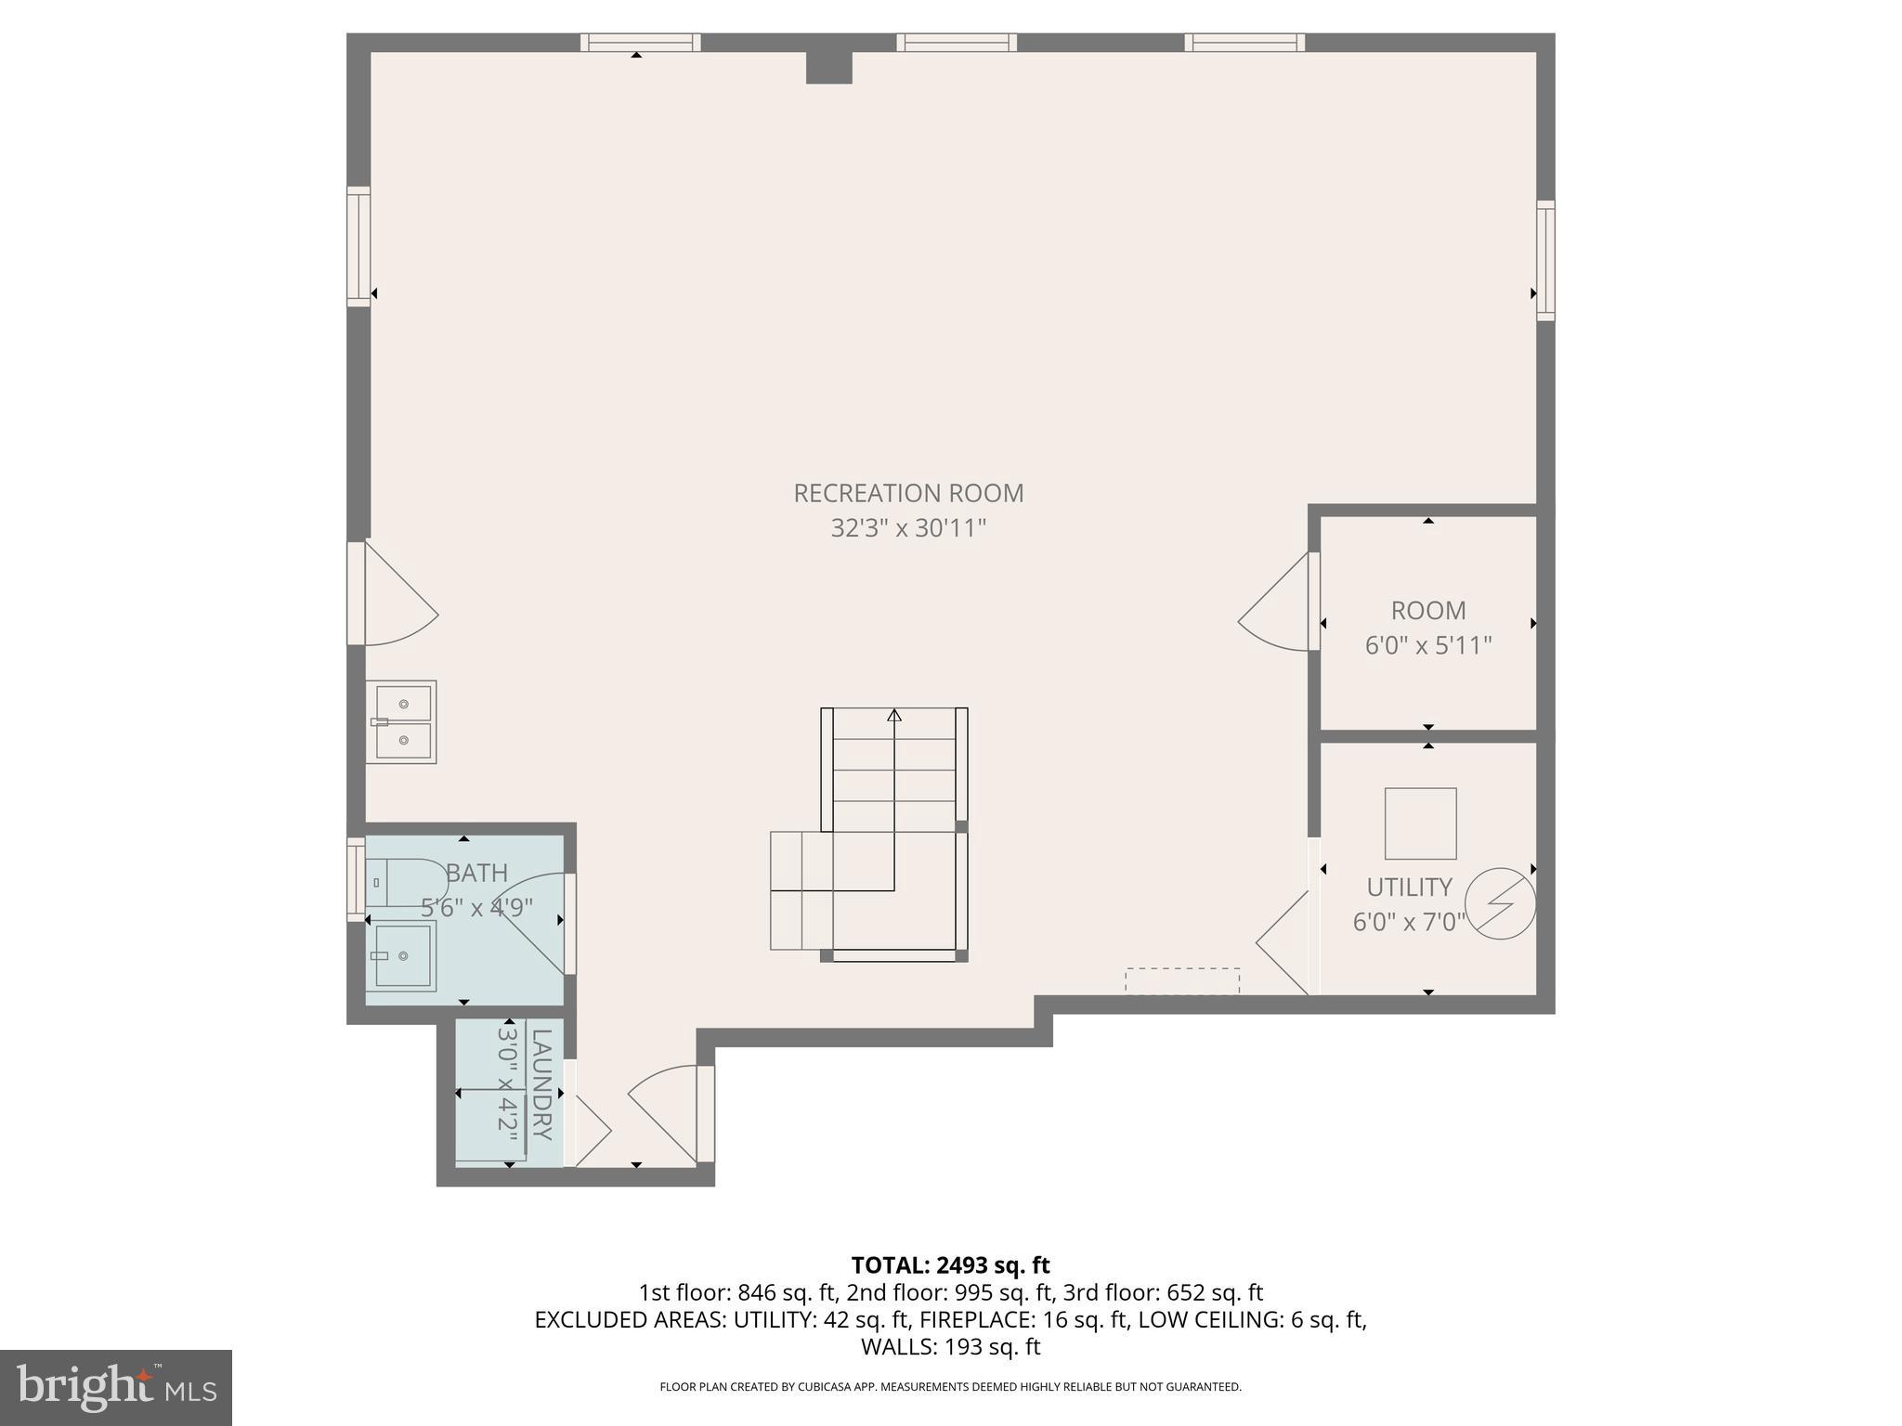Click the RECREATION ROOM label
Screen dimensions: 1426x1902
907,493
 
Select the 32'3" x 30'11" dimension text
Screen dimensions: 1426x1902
907,528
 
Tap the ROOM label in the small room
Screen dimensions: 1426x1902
1427,611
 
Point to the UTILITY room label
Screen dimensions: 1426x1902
1408,888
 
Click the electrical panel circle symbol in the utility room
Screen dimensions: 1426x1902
1500,903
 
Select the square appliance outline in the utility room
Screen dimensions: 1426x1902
1420,823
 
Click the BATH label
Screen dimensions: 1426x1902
477,873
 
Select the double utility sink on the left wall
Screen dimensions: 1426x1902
402,722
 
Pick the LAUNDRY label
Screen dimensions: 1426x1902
541,1084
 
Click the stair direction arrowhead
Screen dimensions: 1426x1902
893,715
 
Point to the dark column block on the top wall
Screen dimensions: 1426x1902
828,68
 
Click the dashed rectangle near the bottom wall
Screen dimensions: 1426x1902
1181,980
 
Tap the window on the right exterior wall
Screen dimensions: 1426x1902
1544,260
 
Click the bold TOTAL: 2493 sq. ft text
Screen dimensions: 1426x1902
950,1265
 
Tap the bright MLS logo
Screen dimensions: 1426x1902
115,1387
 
